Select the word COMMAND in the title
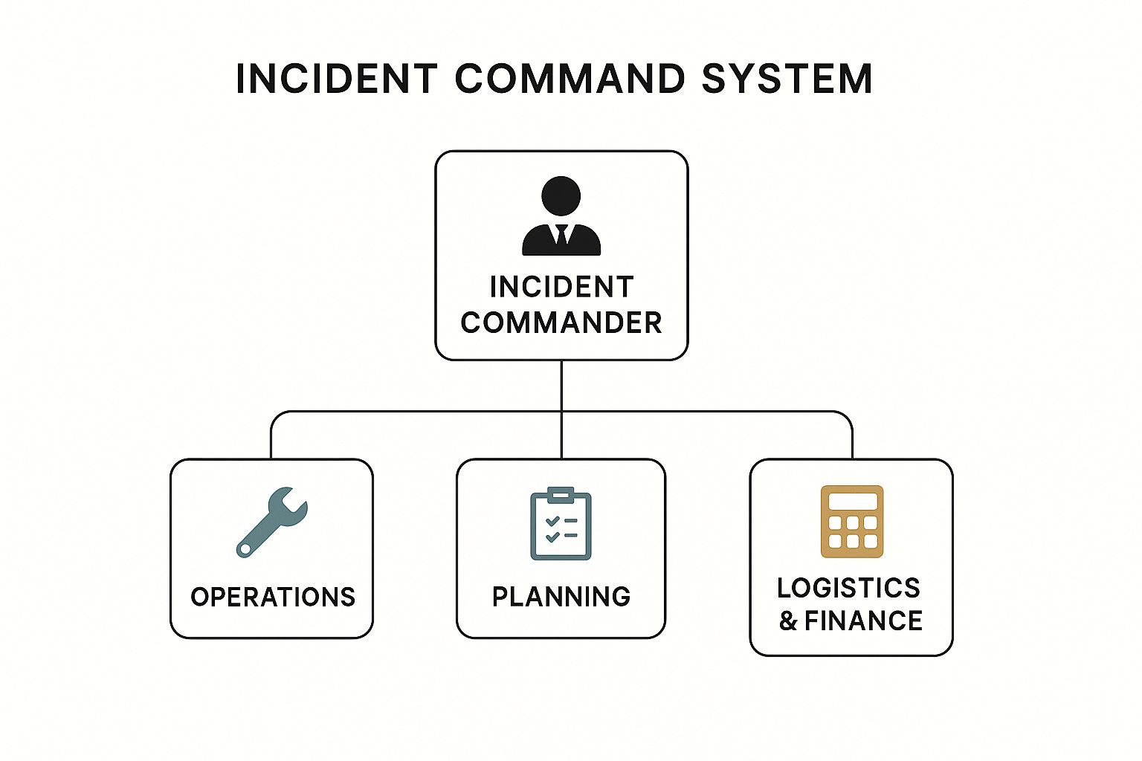[x=569, y=79]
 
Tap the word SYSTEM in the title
[x=787, y=79]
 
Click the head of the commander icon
[x=561, y=196]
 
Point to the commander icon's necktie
[x=561, y=234]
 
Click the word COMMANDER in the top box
[x=561, y=323]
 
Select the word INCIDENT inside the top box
[x=561, y=287]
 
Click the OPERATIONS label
[x=273, y=597]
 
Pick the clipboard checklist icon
[x=561, y=523]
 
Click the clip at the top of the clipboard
[x=561, y=493]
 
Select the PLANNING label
[x=561, y=597]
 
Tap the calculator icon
[x=852, y=521]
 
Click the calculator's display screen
[x=852, y=501]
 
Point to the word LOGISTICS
[x=849, y=588]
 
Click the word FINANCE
[x=864, y=621]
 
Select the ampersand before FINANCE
[x=788, y=621]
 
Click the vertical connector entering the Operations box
[x=271, y=442]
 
